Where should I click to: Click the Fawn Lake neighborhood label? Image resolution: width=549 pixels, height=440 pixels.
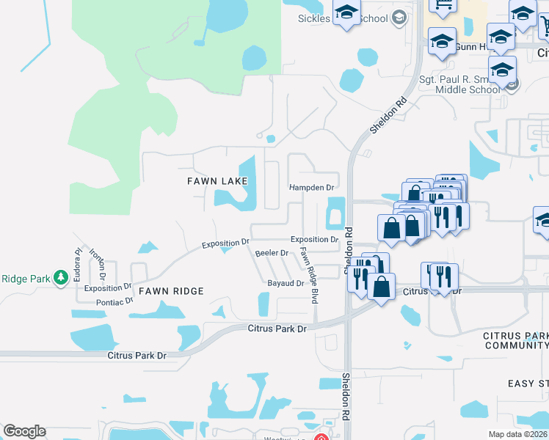tap(217, 180)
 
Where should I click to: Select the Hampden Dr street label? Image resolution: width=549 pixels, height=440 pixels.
tap(312, 188)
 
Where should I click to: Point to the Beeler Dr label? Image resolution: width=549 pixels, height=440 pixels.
tap(272, 253)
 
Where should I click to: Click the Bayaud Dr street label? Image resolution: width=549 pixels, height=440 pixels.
tap(286, 283)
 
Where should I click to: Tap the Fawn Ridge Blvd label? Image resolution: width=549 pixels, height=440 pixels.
tap(308, 276)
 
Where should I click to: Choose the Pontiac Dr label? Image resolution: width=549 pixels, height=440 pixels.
tap(114, 301)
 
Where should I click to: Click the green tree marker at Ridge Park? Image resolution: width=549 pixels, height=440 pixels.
tap(61, 277)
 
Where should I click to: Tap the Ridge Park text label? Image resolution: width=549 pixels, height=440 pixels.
tap(25, 279)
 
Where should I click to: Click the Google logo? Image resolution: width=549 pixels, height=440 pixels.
tap(24, 431)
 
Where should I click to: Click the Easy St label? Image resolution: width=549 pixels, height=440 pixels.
tap(528, 384)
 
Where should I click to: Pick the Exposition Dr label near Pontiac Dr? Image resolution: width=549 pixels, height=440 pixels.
tap(107, 288)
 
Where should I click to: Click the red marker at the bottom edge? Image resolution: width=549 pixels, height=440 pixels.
tap(321, 437)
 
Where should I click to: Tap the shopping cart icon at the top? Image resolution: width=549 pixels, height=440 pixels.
tap(444, 7)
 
